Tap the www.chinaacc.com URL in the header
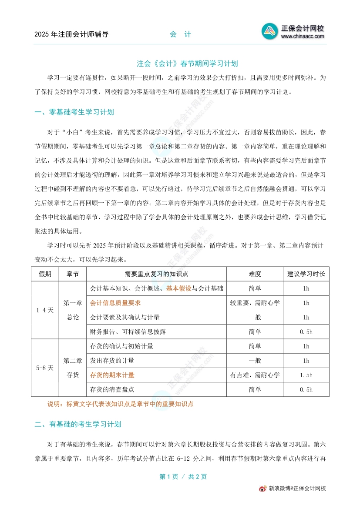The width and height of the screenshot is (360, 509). [x=303, y=37]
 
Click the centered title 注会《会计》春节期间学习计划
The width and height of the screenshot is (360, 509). [x=187, y=64]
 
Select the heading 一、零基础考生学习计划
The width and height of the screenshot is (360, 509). [x=74, y=112]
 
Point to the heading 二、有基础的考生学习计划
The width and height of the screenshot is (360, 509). [x=77, y=424]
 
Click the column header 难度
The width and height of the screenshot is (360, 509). [x=255, y=274]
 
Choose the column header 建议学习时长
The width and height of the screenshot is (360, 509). [x=306, y=274]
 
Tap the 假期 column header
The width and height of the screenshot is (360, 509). [x=45, y=274]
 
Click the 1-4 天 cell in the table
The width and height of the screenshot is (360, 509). [x=45, y=310]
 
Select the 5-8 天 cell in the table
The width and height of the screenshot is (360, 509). [x=45, y=368]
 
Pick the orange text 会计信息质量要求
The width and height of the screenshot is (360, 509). [x=115, y=303]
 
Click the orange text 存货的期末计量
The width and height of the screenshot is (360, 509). [x=112, y=375]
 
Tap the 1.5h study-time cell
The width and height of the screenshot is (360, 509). [x=306, y=375]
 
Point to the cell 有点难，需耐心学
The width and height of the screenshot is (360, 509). [x=255, y=375]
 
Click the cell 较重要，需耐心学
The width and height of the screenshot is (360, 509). [x=255, y=303]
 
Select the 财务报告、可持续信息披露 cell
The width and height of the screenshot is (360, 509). [x=128, y=332]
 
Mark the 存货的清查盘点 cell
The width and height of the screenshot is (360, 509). [x=112, y=389]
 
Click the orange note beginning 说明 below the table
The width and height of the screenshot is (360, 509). [x=120, y=404]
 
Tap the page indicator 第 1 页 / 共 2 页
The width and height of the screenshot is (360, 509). [x=183, y=477]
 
